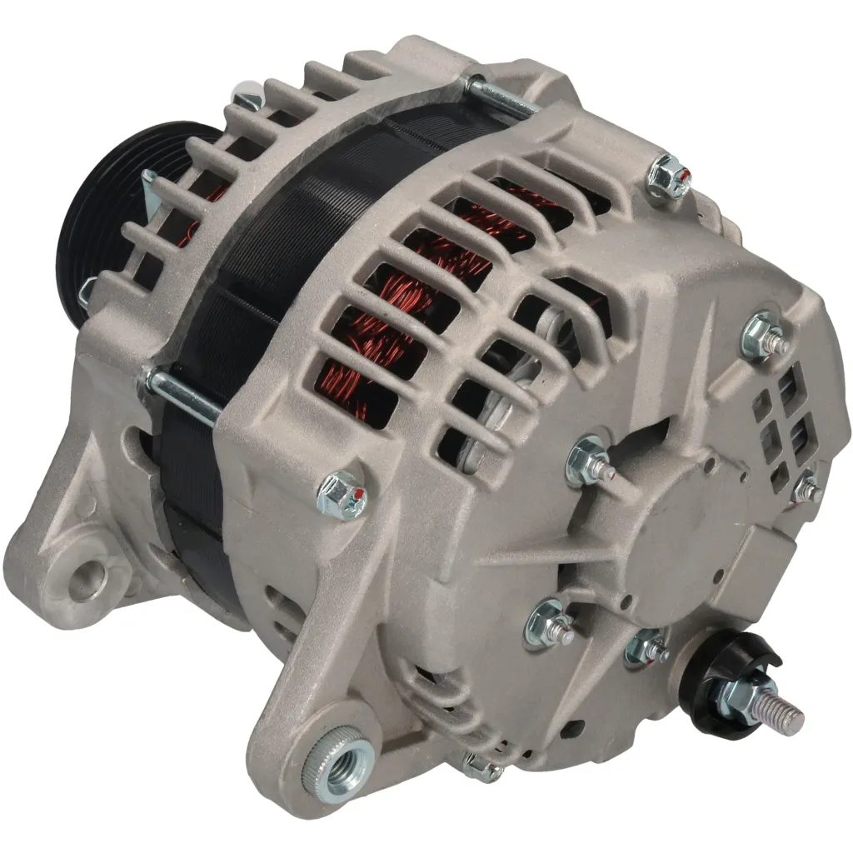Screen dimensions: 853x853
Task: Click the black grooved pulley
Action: point(108,200)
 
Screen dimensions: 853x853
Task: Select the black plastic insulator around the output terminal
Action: point(716,666)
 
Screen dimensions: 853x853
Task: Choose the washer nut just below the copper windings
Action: point(589,461)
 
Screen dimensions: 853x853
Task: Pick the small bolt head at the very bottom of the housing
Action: point(481,765)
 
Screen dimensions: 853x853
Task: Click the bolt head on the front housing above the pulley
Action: point(245,98)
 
